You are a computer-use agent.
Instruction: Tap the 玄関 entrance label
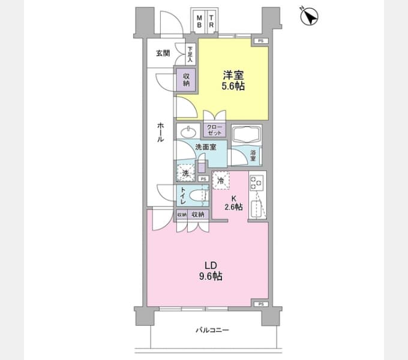tap(163, 53)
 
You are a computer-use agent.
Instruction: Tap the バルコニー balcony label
tap(212, 330)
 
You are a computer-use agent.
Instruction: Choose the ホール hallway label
tap(161, 131)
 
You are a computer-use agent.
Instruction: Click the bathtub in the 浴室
tap(248, 136)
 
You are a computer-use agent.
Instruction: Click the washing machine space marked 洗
tap(185, 173)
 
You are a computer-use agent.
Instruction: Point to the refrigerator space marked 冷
tap(221, 181)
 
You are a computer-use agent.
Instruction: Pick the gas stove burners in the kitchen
tap(256, 182)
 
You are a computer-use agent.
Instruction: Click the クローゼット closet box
tap(214, 130)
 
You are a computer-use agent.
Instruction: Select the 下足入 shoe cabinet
tap(190, 55)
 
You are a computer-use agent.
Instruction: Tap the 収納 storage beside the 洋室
tap(186, 79)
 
